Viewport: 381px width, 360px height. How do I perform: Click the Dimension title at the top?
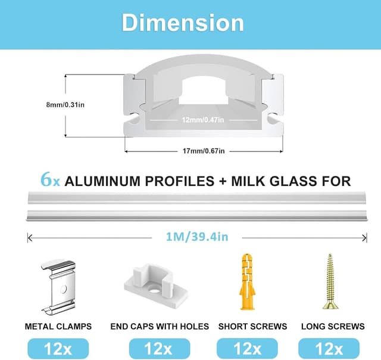point(183,23)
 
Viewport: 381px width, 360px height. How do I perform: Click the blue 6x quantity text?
point(50,180)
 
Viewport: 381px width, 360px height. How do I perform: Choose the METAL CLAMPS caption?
point(58,327)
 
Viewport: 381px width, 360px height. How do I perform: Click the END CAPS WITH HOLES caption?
point(160,327)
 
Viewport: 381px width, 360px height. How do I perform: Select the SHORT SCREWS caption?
point(252,327)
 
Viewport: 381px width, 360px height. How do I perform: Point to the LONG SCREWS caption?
point(333,327)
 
